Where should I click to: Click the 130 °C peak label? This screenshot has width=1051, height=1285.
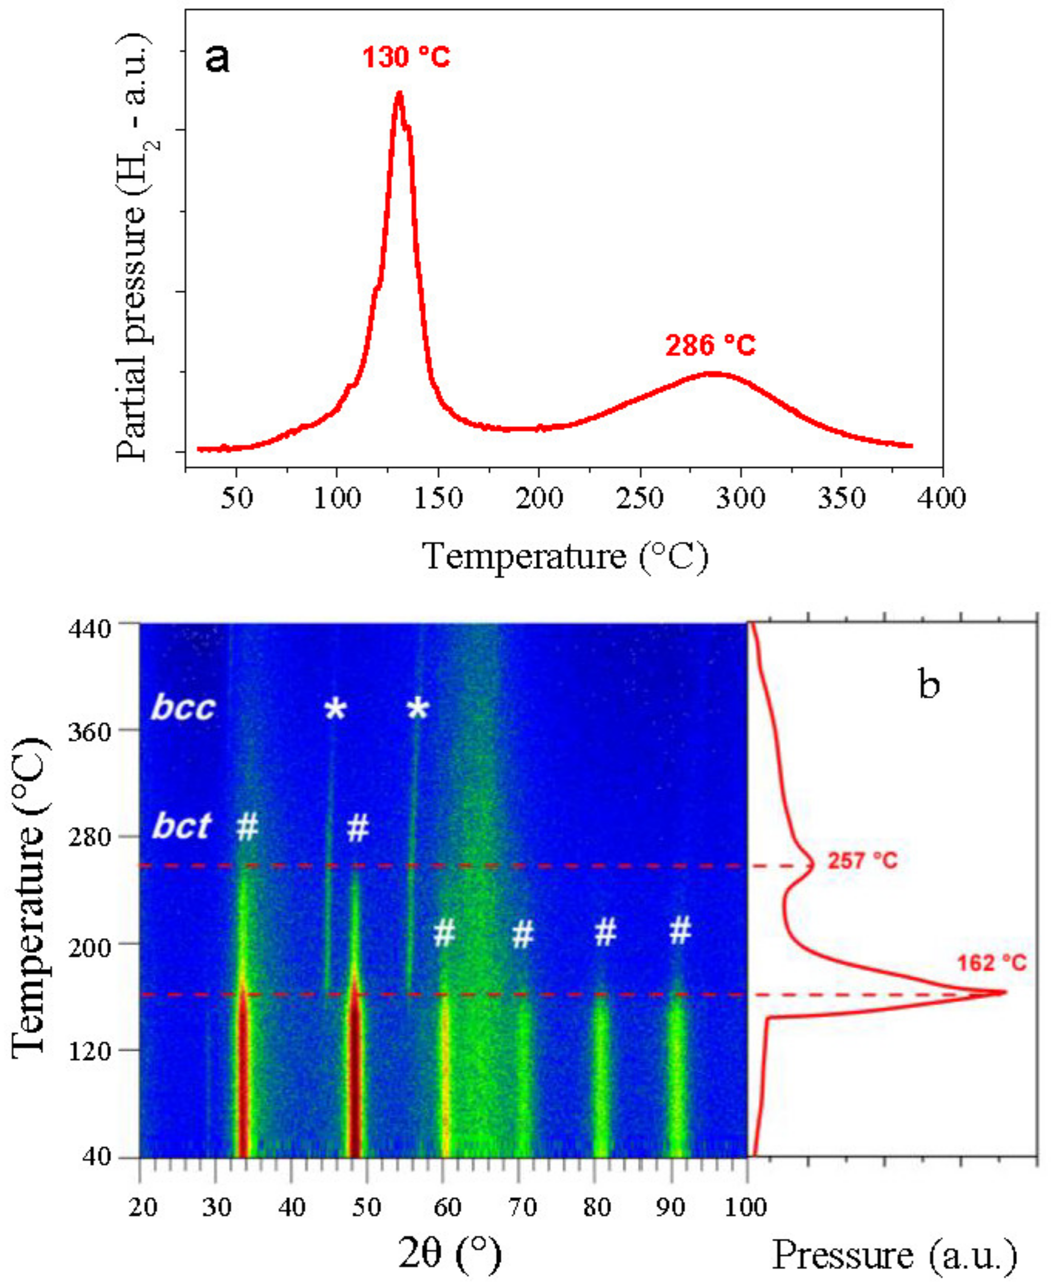tap(406, 58)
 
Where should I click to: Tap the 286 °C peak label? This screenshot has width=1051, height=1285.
tap(711, 346)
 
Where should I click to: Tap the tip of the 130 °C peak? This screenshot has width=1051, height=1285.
tap(398, 92)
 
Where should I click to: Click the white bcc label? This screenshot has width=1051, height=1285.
tap(183, 707)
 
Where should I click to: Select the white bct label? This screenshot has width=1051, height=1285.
tap(181, 825)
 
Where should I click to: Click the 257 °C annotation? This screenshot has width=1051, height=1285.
tap(862, 861)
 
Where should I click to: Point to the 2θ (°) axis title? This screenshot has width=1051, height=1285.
tap(449, 1254)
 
